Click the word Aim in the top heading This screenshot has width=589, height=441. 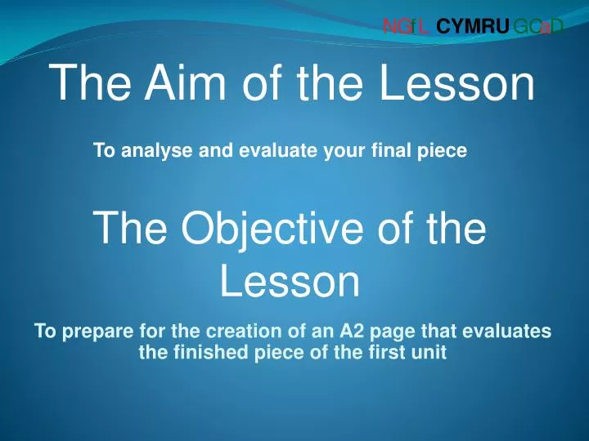point(185,82)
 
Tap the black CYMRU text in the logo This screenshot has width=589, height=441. point(473,27)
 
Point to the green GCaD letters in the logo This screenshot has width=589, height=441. point(538,27)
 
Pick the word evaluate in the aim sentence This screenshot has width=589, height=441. point(278,150)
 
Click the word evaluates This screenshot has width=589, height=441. point(506,331)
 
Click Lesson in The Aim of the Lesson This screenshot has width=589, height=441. point(456,82)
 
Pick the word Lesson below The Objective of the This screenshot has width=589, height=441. point(290,280)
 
